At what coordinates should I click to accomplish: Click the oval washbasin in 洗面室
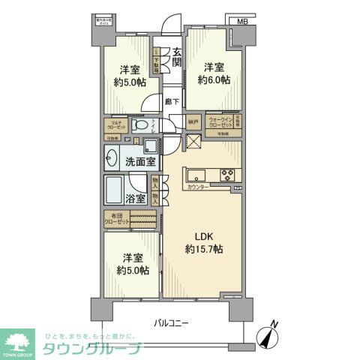(x=112, y=158)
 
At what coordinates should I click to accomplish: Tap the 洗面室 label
(x=141, y=160)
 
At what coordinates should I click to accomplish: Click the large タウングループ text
(x=92, y=348)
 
